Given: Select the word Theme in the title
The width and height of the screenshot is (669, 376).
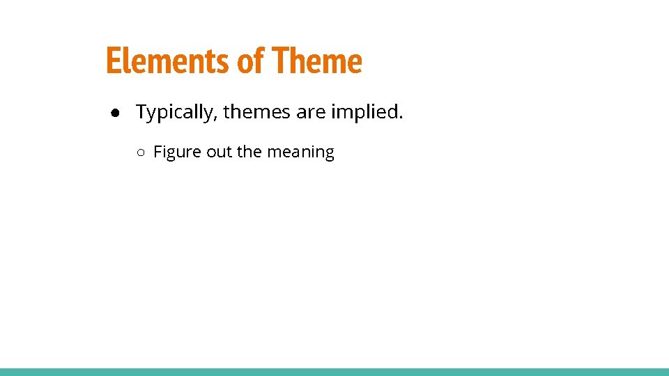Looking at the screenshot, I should [x=317, y=61].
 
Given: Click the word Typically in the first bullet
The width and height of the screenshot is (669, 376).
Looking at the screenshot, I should [x=175, y=112].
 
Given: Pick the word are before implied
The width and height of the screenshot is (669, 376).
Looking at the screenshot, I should [x=311, y=111].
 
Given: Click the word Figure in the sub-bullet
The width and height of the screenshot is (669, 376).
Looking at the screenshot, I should [x=178, y=152].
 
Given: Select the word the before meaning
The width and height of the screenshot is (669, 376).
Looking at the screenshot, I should [x=249, y=152].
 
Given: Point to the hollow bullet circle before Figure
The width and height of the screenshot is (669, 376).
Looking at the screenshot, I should [x=140, y=152].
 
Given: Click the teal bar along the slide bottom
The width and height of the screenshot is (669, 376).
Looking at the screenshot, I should [x=334, y=372].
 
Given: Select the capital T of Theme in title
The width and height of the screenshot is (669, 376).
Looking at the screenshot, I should [x=280, y=61].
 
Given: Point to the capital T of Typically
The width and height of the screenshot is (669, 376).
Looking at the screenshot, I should [x=142, y=111].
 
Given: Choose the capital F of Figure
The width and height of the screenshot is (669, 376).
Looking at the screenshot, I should [x=157, y=152].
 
